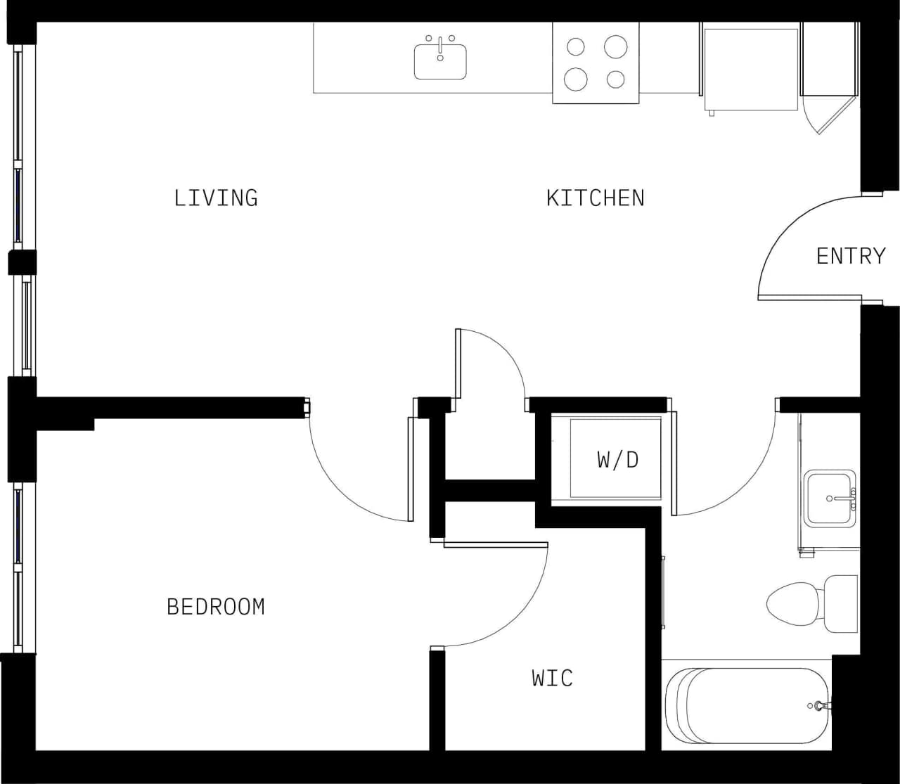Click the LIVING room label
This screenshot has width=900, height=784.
point(216,198)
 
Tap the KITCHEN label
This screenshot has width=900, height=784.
point(596,198)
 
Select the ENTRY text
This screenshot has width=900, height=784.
point(851,256)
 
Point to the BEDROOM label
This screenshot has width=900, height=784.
point(216,606)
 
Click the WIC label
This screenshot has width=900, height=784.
point(553,678)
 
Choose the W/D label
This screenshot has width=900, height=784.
point(618,459)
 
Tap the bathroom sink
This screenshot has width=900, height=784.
point(830,499)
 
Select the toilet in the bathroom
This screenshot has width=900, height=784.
point(809,603)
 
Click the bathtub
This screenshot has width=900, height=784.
point(745,705)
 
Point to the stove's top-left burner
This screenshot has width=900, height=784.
point(576,47)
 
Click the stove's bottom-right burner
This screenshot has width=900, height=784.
point(616,79)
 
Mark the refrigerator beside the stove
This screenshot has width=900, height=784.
point(751,68)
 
